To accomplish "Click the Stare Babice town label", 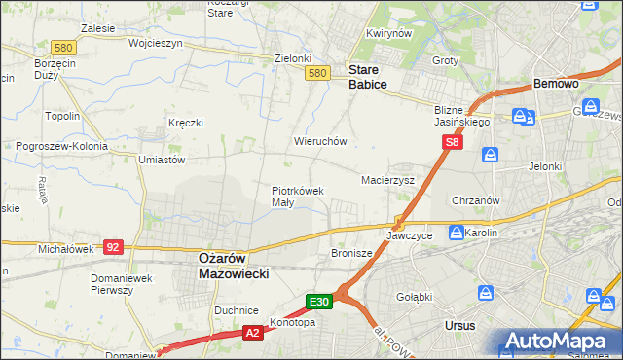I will click(367, 77).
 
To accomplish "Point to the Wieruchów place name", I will click(320, 141).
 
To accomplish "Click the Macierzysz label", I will click(387, 181).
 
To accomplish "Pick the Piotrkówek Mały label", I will click(297, 197).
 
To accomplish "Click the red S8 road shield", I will click(452, 143).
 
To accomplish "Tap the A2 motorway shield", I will click(252, 333).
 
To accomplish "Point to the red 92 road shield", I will click(113, 247).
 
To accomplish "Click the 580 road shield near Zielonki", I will click(315, 73).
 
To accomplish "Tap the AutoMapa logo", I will click(559, 342).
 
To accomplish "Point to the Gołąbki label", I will click(415, 297).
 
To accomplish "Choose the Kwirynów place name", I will click(385, 33).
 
